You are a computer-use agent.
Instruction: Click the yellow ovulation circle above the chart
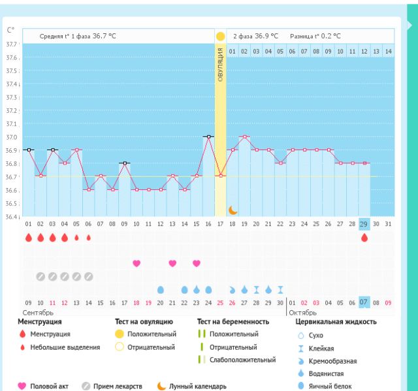[220, 37]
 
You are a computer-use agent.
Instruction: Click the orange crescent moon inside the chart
[233, 210]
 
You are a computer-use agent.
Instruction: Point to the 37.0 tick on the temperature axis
[12, 137]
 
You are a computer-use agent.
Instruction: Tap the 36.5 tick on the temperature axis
[12, 203]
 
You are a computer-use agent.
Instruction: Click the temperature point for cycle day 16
[208, 136]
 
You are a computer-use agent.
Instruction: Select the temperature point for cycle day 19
[244, 136]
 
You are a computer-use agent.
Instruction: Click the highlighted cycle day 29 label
[364, 224]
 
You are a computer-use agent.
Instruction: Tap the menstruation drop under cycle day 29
[364, 238]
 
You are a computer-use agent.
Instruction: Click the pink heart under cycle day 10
[137, 263]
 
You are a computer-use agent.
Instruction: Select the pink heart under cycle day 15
[197, 263]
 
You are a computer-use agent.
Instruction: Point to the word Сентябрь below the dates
[38, 313]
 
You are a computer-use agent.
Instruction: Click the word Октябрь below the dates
[302, 313]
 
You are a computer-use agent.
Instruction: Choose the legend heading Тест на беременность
[233, 322]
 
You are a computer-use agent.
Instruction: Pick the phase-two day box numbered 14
[389, 51]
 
